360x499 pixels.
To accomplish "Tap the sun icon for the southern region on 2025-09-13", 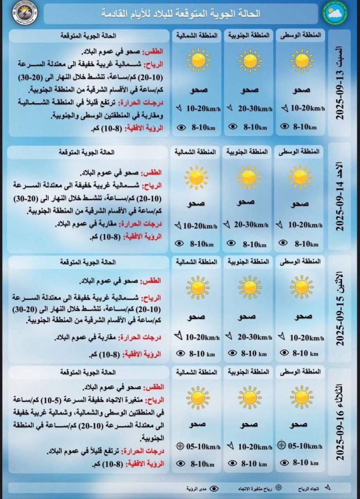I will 250,61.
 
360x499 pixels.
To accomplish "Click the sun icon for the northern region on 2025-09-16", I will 197,397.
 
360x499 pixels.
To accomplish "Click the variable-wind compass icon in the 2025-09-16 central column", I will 281,445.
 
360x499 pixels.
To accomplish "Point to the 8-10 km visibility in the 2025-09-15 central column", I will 306,353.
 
